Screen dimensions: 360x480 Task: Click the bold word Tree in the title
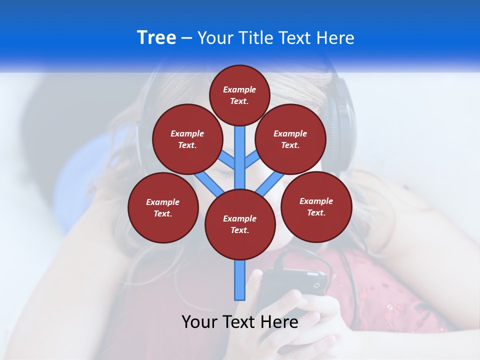click(156, 38)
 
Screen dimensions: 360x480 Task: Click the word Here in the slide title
click(336, 38)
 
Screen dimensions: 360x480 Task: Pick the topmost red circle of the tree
click(239, 95)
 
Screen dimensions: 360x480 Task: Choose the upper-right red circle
click(290, 139)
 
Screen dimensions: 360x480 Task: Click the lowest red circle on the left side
click(163, 207)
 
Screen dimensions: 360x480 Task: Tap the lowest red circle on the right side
click(316, 206)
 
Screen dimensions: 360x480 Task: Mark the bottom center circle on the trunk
click(240, 224)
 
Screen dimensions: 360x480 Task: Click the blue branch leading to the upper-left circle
click(226, 160)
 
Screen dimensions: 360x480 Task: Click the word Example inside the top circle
click(239, 89)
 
